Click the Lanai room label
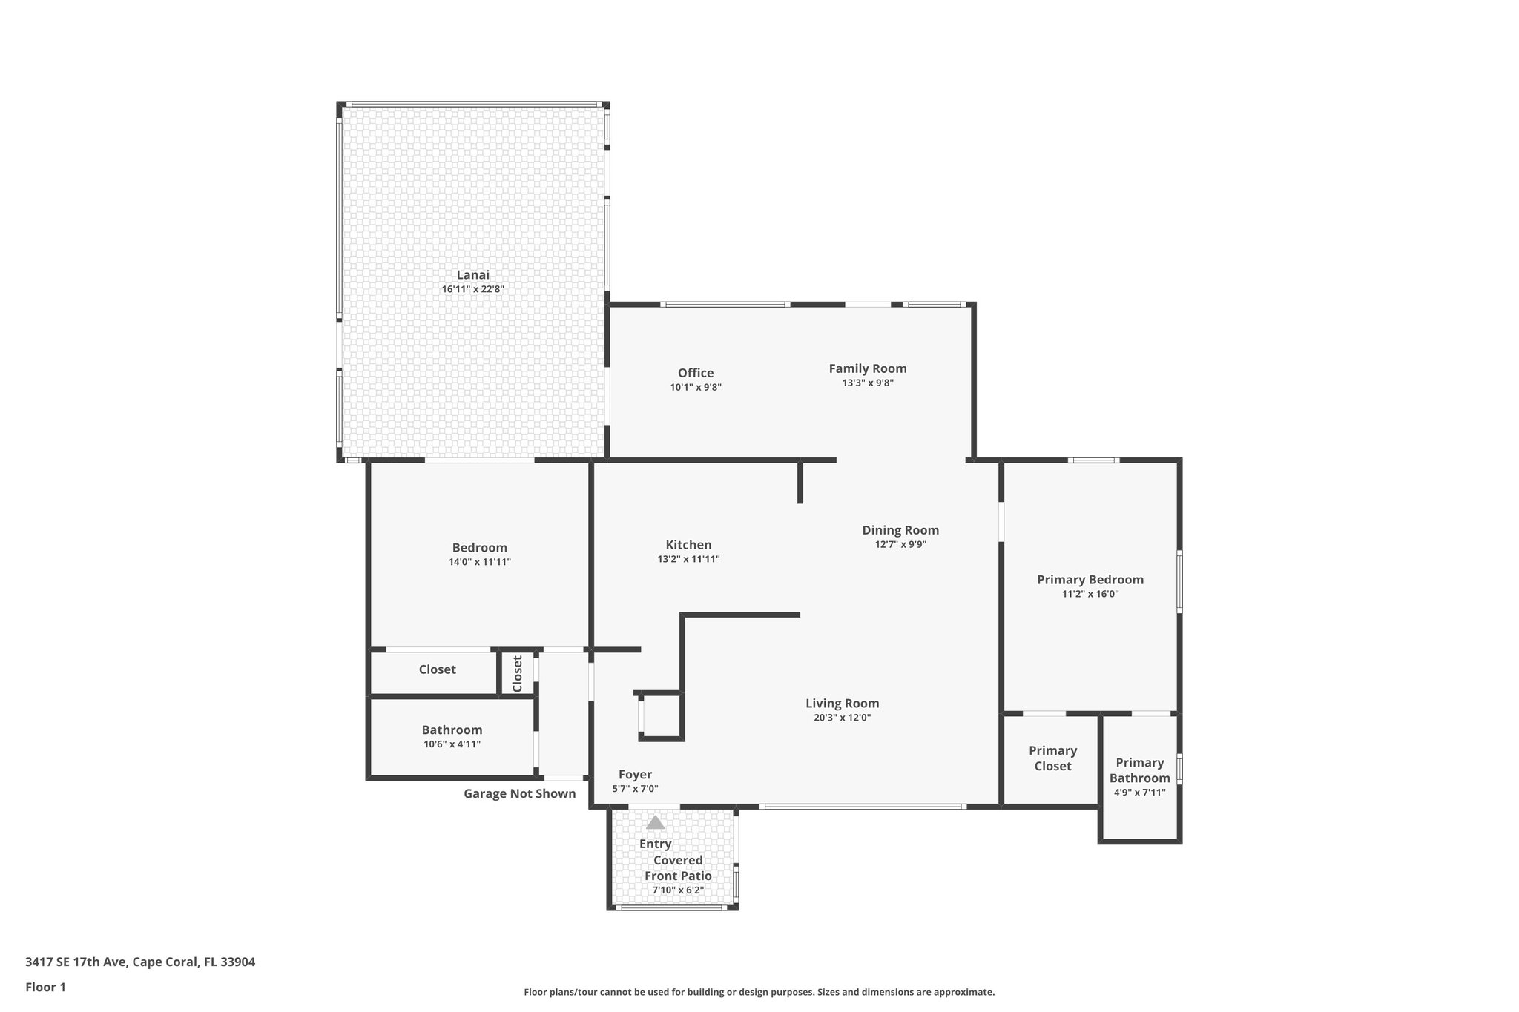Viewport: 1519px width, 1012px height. pos(472,275)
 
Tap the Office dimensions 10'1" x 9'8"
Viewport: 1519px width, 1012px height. pos(696,387)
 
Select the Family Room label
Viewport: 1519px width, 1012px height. pos(867,368)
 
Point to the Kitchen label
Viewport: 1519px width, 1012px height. pos(688,545)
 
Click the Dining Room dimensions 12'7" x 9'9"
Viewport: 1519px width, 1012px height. pos(900,544)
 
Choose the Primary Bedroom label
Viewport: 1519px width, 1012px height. pos(1090,580)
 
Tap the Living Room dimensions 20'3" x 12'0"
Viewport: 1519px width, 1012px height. pos(842,718)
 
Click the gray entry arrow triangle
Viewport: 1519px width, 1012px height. pos(655,822)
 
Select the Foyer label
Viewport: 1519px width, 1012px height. pos(635,775)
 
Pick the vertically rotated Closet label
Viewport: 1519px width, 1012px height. pos(518,673)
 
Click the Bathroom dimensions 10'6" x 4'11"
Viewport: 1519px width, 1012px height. pos(452,744)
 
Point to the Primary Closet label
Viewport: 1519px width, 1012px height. pos(1052,758)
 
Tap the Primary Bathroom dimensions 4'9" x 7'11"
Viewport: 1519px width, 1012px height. pos(1139,793)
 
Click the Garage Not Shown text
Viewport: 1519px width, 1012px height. pos(519,794)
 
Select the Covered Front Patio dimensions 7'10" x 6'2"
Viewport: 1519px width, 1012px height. pos(678,890)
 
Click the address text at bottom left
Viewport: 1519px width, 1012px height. pos(140,962)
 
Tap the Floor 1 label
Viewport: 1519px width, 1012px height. pos(45,988)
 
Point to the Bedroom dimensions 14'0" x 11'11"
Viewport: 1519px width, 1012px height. pos(479,562)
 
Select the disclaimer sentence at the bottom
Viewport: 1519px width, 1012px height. pos(759,992)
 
